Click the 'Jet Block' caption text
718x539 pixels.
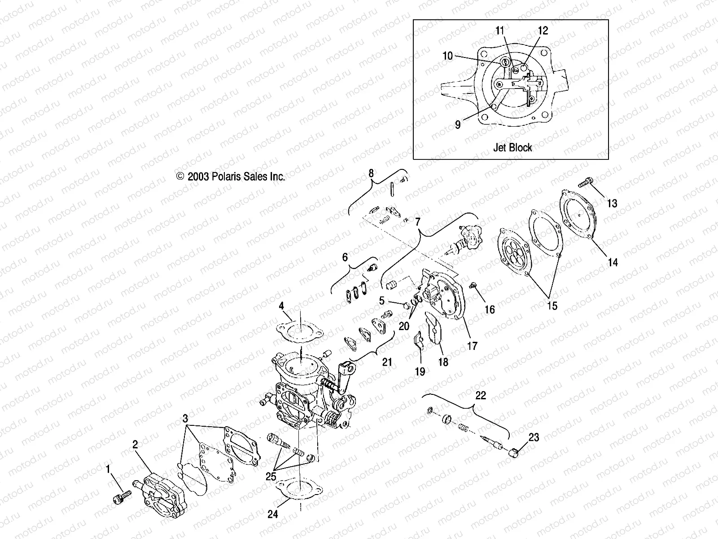click(512, 147)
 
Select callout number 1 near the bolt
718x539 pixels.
click(108, 469)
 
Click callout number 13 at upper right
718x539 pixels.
click(612, 203)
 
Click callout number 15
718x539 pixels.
click(552, 305)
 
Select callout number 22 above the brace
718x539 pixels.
click(480, 396)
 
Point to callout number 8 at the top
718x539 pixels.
click(371, 173)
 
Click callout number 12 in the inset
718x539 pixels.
click(543, 31)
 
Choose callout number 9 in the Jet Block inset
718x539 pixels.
click(458, 124)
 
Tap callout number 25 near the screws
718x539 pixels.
click(271, 477)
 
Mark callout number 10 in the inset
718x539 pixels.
click(447, 56)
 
